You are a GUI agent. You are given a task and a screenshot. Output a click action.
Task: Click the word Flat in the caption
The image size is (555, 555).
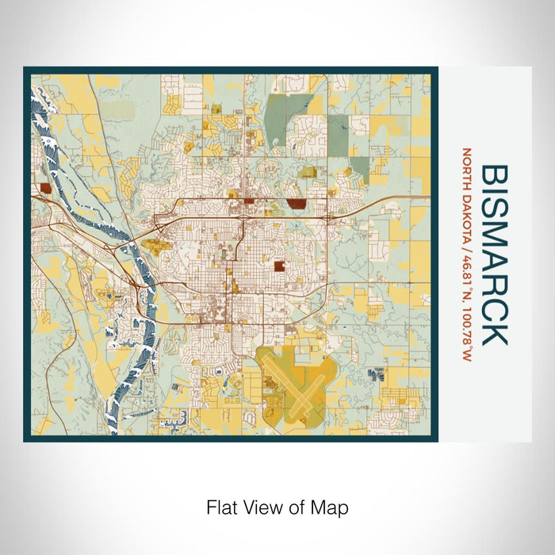(x=221, y=507)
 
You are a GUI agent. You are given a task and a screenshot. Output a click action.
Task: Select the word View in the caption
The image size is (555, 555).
(x=262, y=507)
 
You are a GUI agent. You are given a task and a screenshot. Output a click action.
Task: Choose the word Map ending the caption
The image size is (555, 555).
(x=332, y=507)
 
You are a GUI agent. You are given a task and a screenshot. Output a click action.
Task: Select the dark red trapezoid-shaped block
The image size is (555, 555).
(x=297, y=204)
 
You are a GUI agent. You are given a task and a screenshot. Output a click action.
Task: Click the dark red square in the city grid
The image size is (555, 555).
(x=280, y=266)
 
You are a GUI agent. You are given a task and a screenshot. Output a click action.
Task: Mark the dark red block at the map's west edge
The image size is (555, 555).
(x=44, y=188)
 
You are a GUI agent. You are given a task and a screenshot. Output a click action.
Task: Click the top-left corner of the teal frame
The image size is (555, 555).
(x=25, y=69)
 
